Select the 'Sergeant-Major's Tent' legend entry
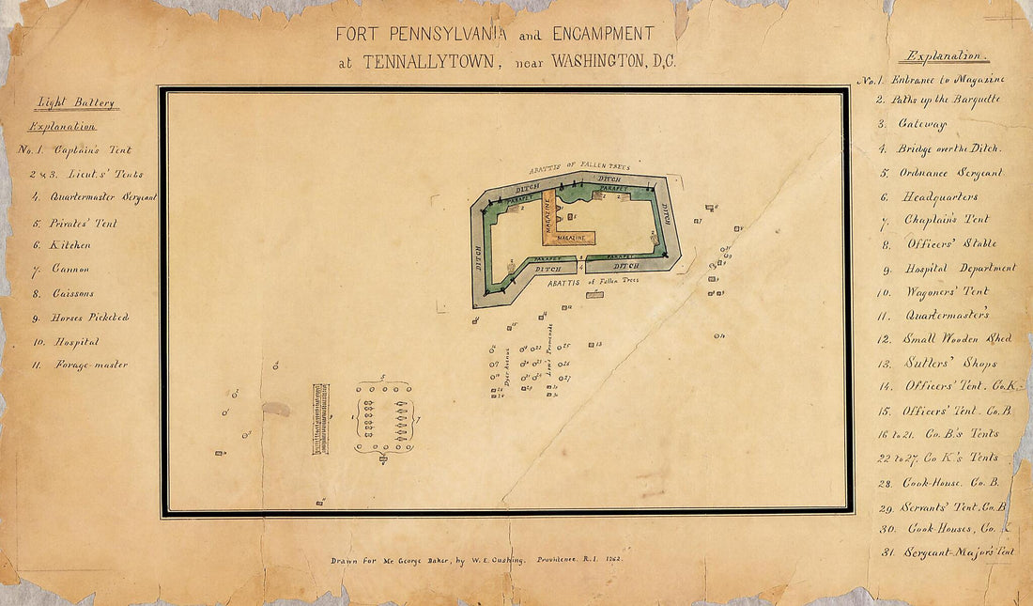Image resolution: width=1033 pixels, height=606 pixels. tap(959, 552)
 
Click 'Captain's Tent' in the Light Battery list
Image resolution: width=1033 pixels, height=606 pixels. tap(92, 150)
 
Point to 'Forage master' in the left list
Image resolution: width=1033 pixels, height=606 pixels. tap(91, 365)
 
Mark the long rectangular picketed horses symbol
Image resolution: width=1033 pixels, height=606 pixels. tap(321, 419)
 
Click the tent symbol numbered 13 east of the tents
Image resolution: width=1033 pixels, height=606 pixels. tap(592, 345)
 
